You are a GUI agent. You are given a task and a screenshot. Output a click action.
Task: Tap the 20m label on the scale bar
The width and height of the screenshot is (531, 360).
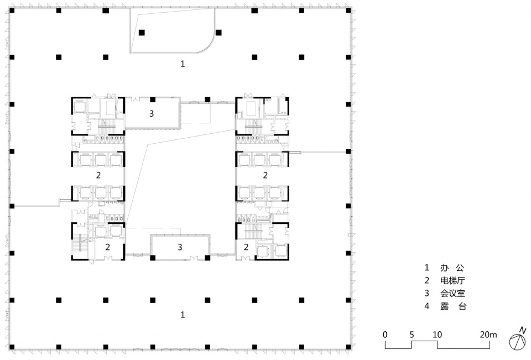488,335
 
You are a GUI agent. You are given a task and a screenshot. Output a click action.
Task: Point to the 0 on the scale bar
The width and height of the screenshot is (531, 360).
385,335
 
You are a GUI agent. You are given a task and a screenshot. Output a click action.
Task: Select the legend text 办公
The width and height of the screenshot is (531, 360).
452,268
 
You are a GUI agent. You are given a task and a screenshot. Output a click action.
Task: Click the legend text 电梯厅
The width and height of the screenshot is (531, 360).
452,280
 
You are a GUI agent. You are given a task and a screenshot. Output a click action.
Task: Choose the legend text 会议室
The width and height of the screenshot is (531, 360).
452,293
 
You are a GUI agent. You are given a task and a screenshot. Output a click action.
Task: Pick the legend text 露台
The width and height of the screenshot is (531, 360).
454,306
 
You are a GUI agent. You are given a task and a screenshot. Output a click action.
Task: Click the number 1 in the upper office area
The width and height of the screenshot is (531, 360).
183,64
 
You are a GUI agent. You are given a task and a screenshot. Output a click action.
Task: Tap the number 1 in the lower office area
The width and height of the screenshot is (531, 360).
183,315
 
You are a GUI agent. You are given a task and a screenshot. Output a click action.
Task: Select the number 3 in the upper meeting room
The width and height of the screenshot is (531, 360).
152,113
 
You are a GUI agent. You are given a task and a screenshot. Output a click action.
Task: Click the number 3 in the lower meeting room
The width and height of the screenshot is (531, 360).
180,247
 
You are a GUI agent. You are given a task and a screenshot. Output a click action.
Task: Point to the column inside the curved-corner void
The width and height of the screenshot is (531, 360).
142,33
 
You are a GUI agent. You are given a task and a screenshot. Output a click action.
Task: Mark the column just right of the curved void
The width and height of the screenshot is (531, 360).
219,33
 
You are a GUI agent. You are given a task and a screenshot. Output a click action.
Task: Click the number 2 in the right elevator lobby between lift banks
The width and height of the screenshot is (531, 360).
265,175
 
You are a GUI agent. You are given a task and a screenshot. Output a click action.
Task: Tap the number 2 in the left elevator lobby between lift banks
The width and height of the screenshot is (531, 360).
98,175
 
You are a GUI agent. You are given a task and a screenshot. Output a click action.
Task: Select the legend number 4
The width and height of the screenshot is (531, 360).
426,306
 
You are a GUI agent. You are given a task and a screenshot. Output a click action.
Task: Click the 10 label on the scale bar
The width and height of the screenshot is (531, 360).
437,335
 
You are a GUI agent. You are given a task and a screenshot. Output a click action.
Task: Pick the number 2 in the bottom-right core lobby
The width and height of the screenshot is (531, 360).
246,247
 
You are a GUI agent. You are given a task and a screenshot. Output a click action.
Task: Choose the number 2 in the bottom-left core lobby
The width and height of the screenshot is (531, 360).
107,247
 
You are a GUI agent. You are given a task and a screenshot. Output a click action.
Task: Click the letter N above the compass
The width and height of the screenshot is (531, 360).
523,330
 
